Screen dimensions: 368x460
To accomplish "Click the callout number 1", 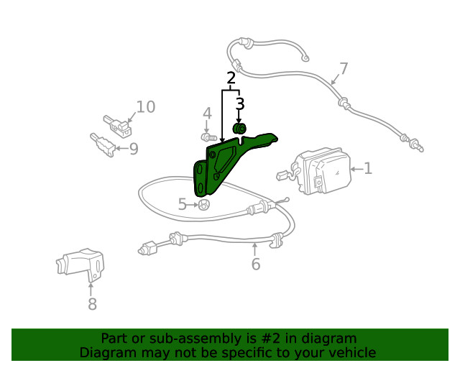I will [368, 169].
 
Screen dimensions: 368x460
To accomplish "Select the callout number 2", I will [231, 78].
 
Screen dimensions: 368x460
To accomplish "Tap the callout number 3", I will [239, 104].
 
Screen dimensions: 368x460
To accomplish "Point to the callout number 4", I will [207, 114].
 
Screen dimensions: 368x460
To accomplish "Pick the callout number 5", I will [183, 205].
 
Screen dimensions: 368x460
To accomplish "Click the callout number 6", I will [255, 264].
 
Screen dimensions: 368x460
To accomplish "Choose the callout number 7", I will [344, 69].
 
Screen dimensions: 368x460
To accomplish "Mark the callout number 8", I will [92, 304].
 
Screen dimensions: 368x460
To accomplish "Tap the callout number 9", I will [133, 149].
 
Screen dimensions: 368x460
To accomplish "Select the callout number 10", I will [145, 108].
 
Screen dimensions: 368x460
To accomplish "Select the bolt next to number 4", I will [208, 137].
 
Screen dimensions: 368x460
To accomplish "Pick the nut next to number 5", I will [203, 206].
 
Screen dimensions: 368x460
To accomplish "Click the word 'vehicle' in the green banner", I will [351, 353].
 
